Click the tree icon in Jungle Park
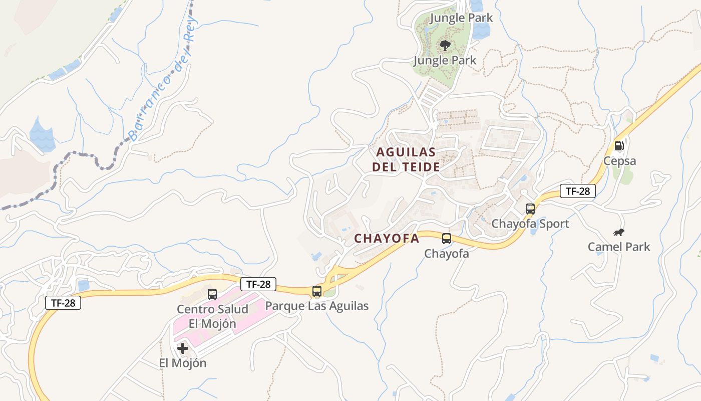click(445, 46)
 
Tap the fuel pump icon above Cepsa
click(619, 146)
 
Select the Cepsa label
click(619, 161)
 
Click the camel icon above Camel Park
click(619, 232)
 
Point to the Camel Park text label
click(619, 247)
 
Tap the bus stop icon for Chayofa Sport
click(530, 209)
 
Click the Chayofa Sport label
click(530, 224)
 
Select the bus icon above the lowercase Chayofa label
click(447, 239)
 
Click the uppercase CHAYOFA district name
click(387, 239)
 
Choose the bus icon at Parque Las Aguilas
click(316, 291)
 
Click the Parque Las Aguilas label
click(316, 306)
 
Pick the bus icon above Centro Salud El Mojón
click(212, 294)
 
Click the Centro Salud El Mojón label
click(212, 316)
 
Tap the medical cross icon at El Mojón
click(183, 348)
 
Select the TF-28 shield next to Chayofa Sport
click(577, 191)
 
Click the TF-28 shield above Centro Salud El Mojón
click(258, 284)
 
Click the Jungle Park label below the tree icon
click(445, 61)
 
